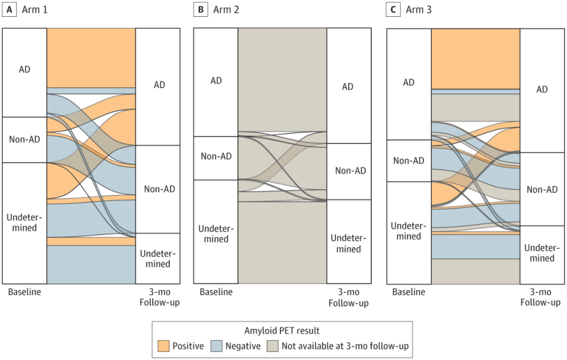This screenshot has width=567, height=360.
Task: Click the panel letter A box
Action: coord(9,10)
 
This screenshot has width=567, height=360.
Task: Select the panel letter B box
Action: coord(200,10)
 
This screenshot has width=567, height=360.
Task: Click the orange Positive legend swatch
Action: coord(163,346)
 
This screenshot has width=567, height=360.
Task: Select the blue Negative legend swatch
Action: coord(217,346)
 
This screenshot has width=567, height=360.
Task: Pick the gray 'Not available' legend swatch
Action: coord(272,346)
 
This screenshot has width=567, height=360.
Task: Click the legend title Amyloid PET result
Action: coord(282,331)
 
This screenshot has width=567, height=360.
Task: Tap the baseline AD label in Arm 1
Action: coord(24,69)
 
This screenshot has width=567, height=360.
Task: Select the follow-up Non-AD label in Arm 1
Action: coord(160,189)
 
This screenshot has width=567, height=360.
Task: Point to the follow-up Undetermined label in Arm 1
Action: coord(157,259)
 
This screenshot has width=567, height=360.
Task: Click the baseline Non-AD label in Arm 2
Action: coord(216,156)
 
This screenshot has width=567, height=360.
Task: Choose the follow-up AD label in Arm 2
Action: coord(348,87)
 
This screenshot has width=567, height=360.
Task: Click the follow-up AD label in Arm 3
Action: coord(542,90)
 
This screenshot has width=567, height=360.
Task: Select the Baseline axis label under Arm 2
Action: coord(216,292)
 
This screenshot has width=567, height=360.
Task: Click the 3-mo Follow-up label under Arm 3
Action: coord(540,297)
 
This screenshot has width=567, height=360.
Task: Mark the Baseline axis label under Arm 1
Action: coord(24,292)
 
